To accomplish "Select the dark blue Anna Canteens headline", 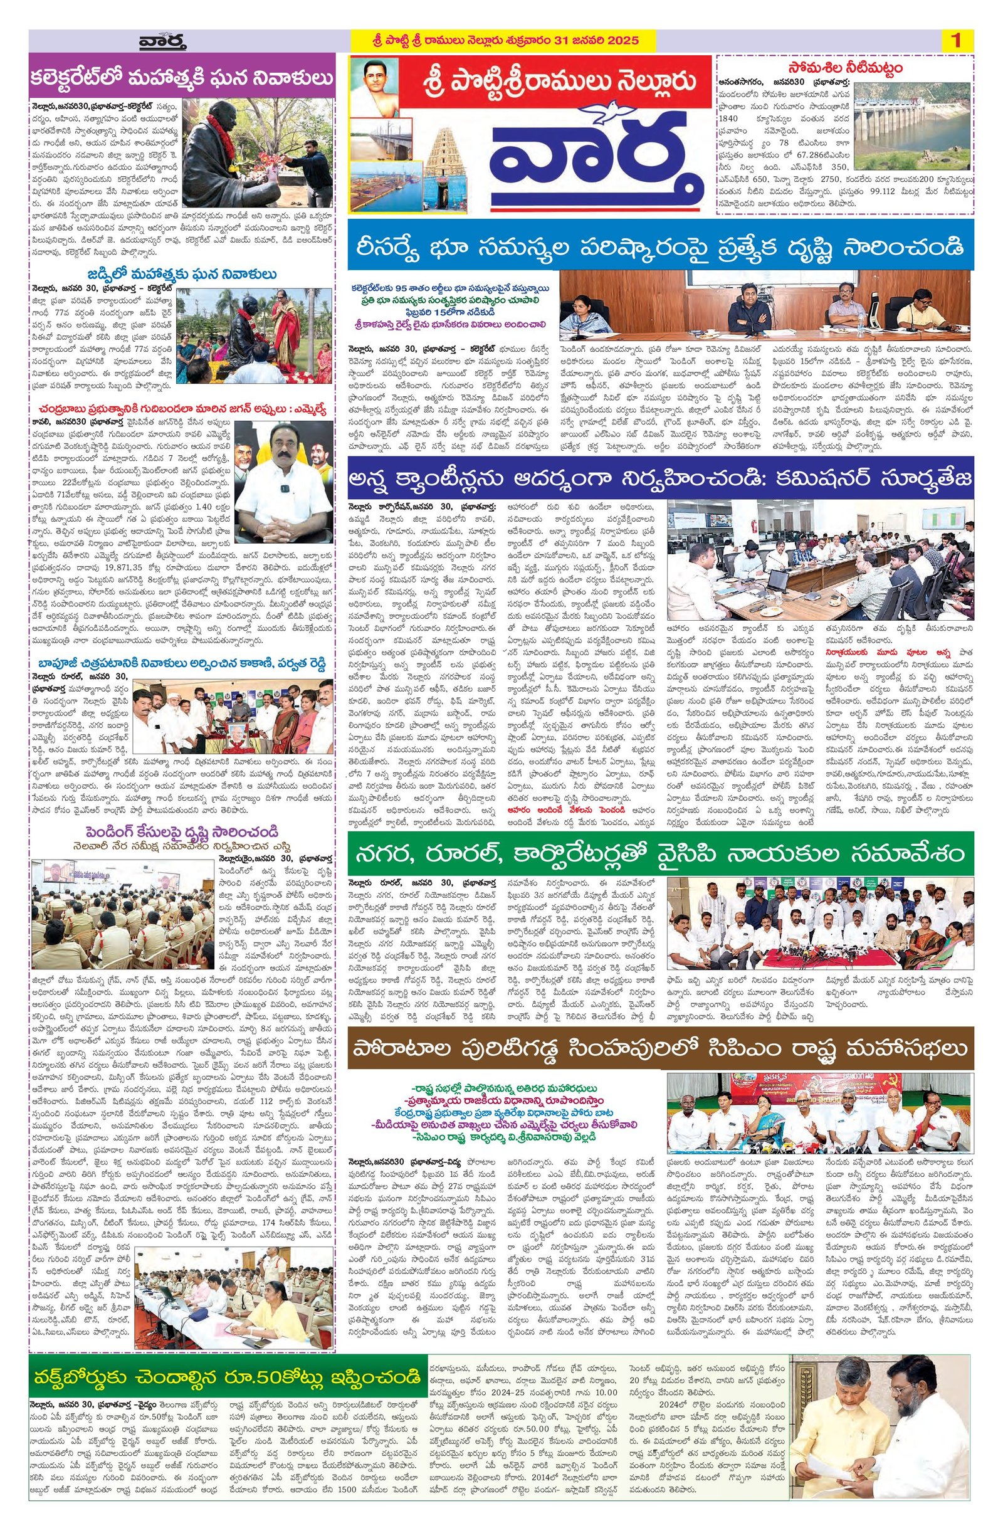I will [x=659, y=479].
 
